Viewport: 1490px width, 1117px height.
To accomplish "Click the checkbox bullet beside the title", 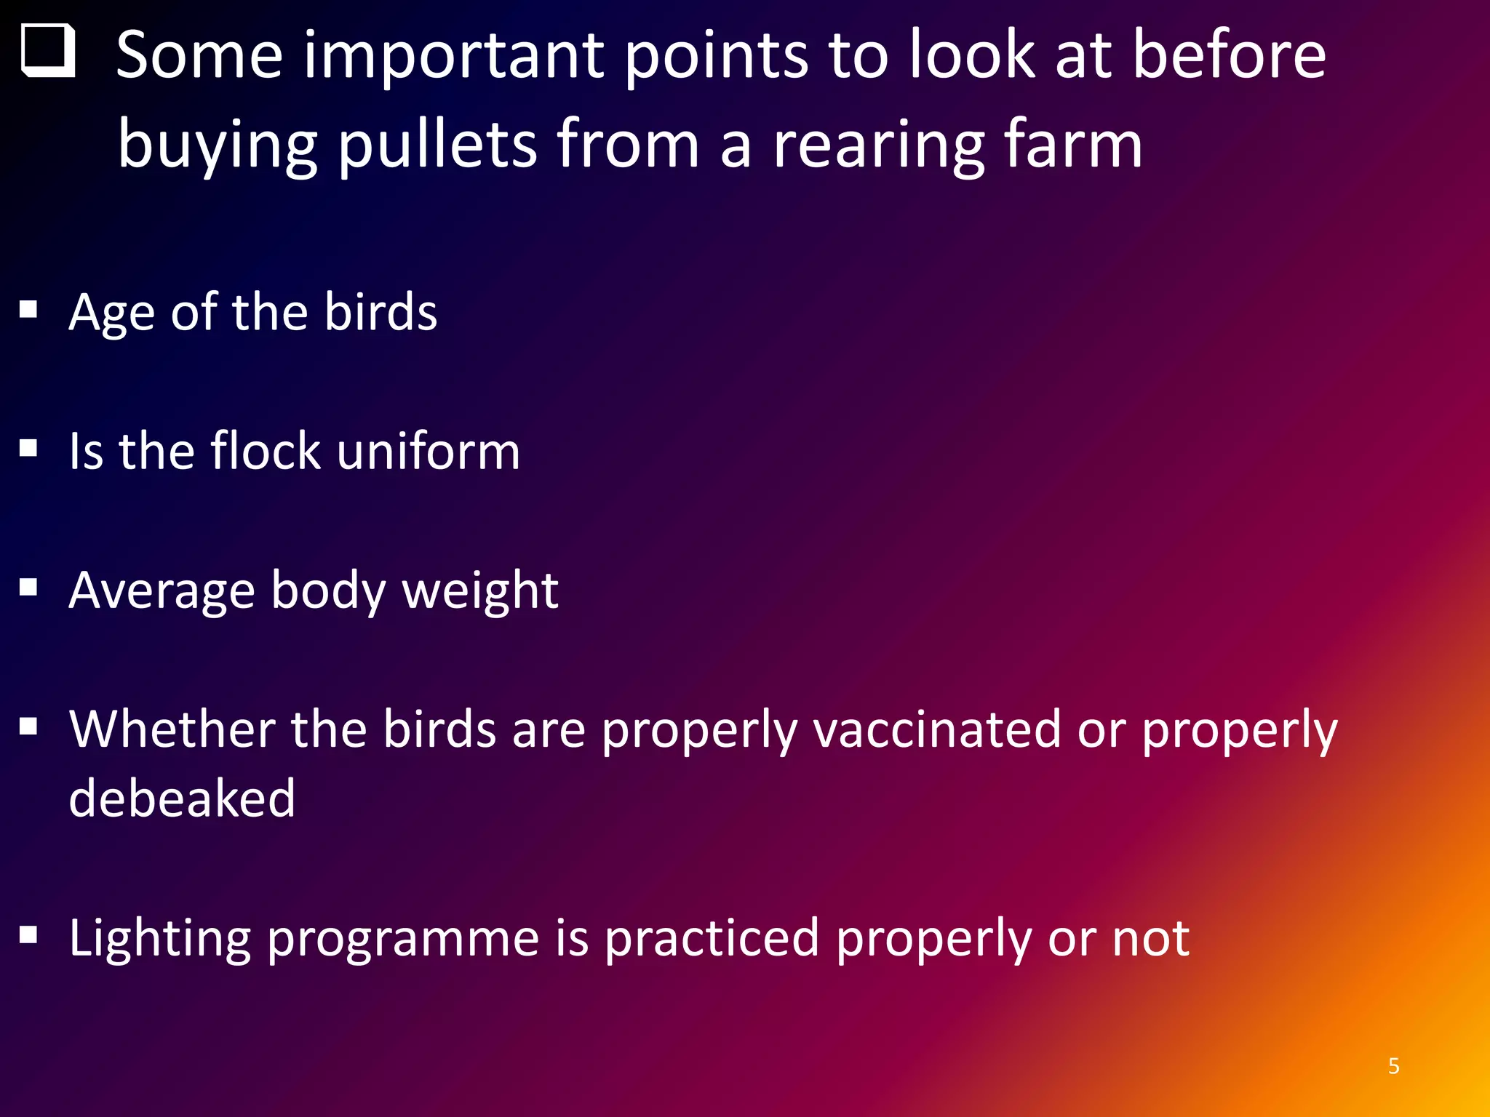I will [x=48, y=51].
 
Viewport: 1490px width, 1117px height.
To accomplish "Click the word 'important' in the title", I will [x=453, y=57].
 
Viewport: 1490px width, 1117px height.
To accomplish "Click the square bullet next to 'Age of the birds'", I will [x=28, y=311].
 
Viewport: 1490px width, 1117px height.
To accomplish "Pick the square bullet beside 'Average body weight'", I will [x=28, y=587].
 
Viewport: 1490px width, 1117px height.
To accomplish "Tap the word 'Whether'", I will [x=172, y=729].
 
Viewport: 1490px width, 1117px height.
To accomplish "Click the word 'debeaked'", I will [x=182, y=798].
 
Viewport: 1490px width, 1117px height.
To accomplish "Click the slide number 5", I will [x=1393, y=1066].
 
